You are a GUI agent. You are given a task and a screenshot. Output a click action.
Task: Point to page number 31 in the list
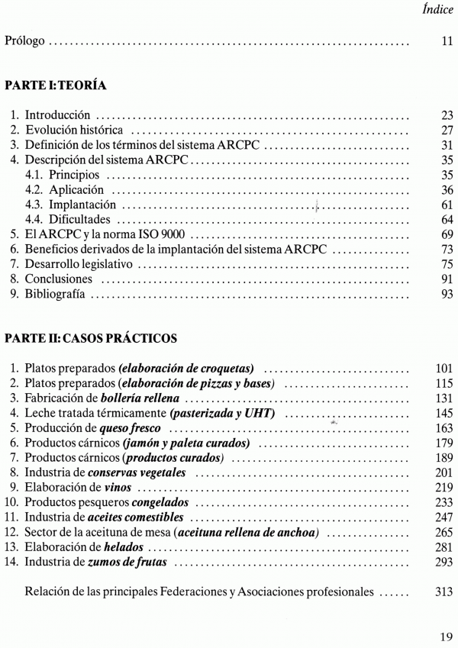point(447,145)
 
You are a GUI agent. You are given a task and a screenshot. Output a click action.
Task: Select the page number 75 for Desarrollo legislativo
point(447,264)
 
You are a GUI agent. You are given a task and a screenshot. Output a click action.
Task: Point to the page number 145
point(444,413)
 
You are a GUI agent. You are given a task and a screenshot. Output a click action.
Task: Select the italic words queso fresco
point(125,428)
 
